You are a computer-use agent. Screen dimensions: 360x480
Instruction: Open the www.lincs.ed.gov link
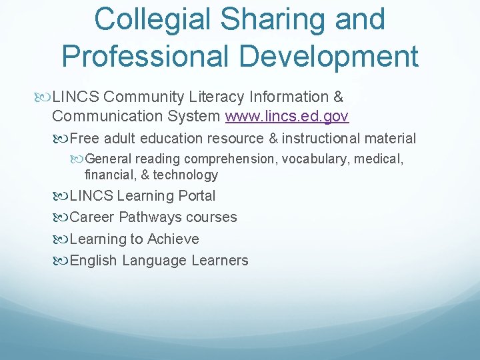[287, 117]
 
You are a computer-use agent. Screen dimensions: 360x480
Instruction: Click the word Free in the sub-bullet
[83, 139]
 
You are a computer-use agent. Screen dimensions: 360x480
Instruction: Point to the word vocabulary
[319, 159]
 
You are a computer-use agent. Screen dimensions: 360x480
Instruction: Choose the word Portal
[197, 196]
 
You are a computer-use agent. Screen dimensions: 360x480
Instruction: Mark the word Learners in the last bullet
[220, 261]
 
